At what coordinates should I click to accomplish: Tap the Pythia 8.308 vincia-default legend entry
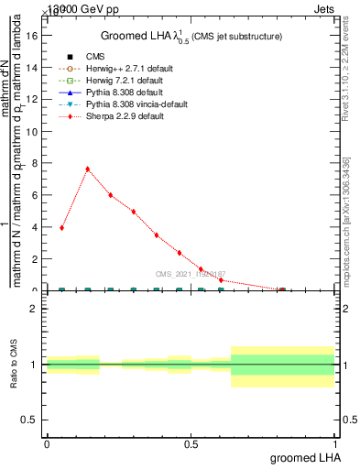[125, 105]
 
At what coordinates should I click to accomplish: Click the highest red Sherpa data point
[87, 169]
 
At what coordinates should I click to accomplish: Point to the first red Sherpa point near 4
[62, 227]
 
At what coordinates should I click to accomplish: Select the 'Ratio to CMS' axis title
[14, 365]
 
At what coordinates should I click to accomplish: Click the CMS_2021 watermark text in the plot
[190, 274]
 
